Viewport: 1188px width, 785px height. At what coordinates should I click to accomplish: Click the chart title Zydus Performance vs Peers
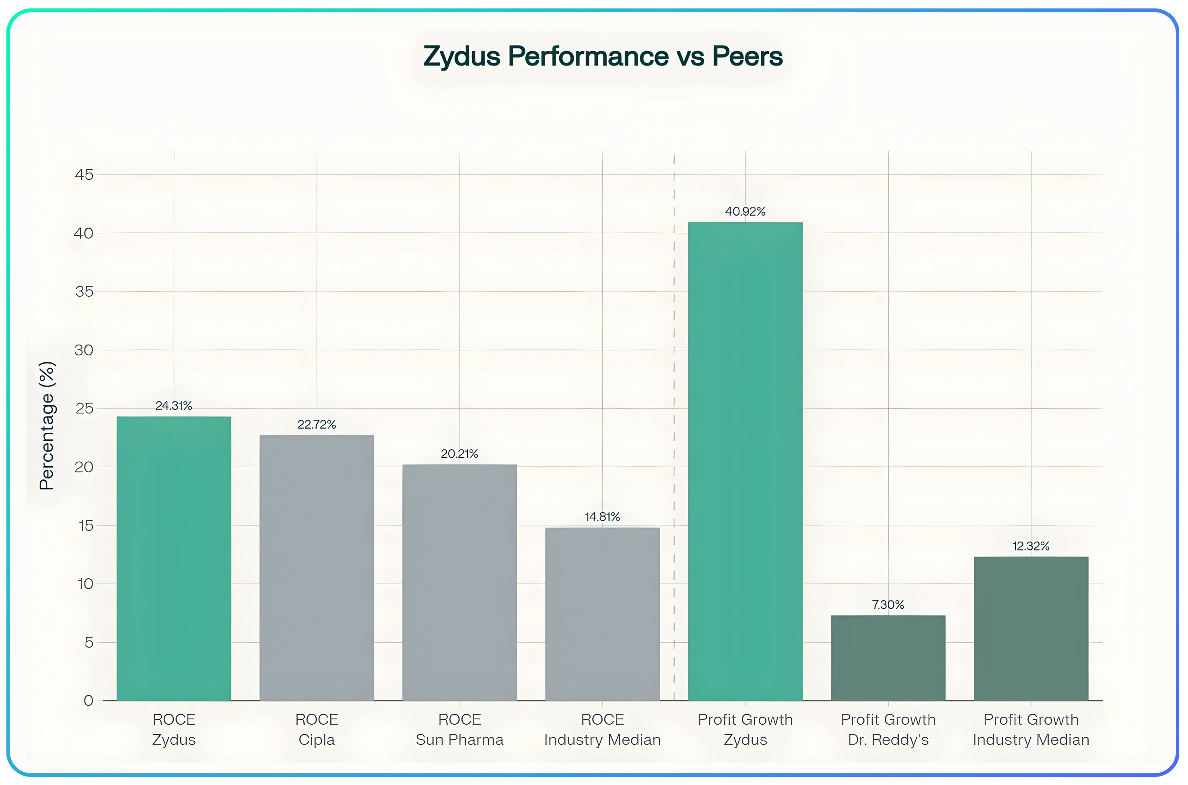(603, 56)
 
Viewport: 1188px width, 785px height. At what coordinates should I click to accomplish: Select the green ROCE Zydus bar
(174, 558)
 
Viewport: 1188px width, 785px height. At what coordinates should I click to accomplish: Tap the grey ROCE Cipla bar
(317, 568)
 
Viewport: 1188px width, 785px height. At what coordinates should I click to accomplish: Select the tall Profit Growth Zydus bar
(745, 461)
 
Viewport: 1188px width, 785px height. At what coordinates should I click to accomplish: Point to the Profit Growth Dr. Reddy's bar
(888, 658)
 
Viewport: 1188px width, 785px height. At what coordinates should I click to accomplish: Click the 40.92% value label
(745, 211)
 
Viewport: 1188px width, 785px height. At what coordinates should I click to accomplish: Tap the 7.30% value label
(888, 605)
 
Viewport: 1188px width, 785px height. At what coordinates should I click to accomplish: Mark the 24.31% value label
(174, 405)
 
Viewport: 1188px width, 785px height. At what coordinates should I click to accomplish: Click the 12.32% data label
(1031, 546)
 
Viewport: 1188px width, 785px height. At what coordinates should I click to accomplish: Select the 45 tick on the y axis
(84, 175)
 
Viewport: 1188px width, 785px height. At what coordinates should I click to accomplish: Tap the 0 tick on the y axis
(88, 701)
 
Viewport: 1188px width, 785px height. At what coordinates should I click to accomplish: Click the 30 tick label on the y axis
(84, 350)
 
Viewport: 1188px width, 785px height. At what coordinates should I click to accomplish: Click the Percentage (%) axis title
(47, 425)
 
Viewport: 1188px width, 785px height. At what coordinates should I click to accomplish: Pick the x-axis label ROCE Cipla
(317, 730)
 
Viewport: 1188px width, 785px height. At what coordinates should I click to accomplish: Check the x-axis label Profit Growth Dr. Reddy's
(888, 730)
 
